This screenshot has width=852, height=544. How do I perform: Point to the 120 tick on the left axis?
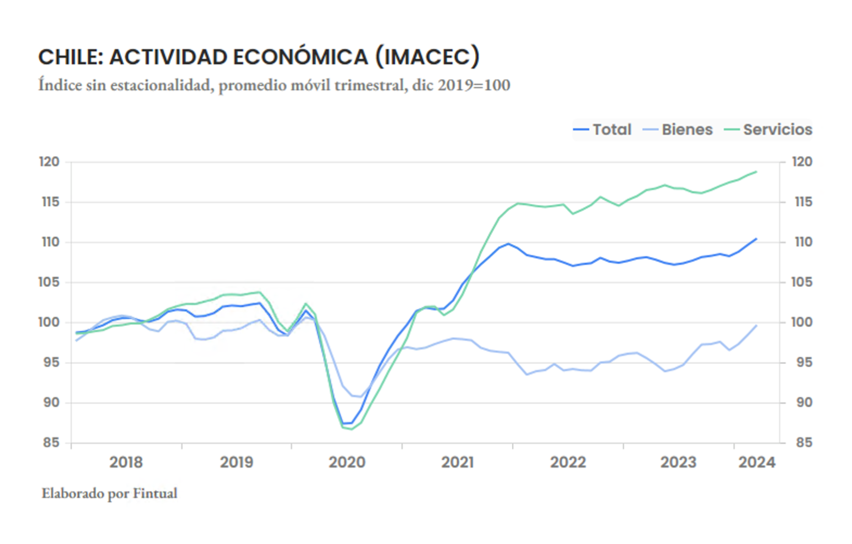pos(49,162)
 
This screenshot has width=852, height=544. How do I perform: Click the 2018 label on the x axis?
pos(126,463)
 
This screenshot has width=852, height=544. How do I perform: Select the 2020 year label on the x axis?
pos(347,463)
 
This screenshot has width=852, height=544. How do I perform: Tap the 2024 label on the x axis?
pos(757,463)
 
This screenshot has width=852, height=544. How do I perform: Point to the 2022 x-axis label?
pos(568,463)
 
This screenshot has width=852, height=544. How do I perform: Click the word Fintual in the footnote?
pos(155,494)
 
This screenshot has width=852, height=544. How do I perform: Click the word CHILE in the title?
pos(69,57)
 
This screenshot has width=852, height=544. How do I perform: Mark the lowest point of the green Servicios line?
pos(352,429)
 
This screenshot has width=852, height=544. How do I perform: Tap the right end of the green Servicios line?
pos(756,172)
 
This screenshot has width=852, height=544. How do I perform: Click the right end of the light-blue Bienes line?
pos(756,326)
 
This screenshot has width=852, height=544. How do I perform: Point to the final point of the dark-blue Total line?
pos(756,239)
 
